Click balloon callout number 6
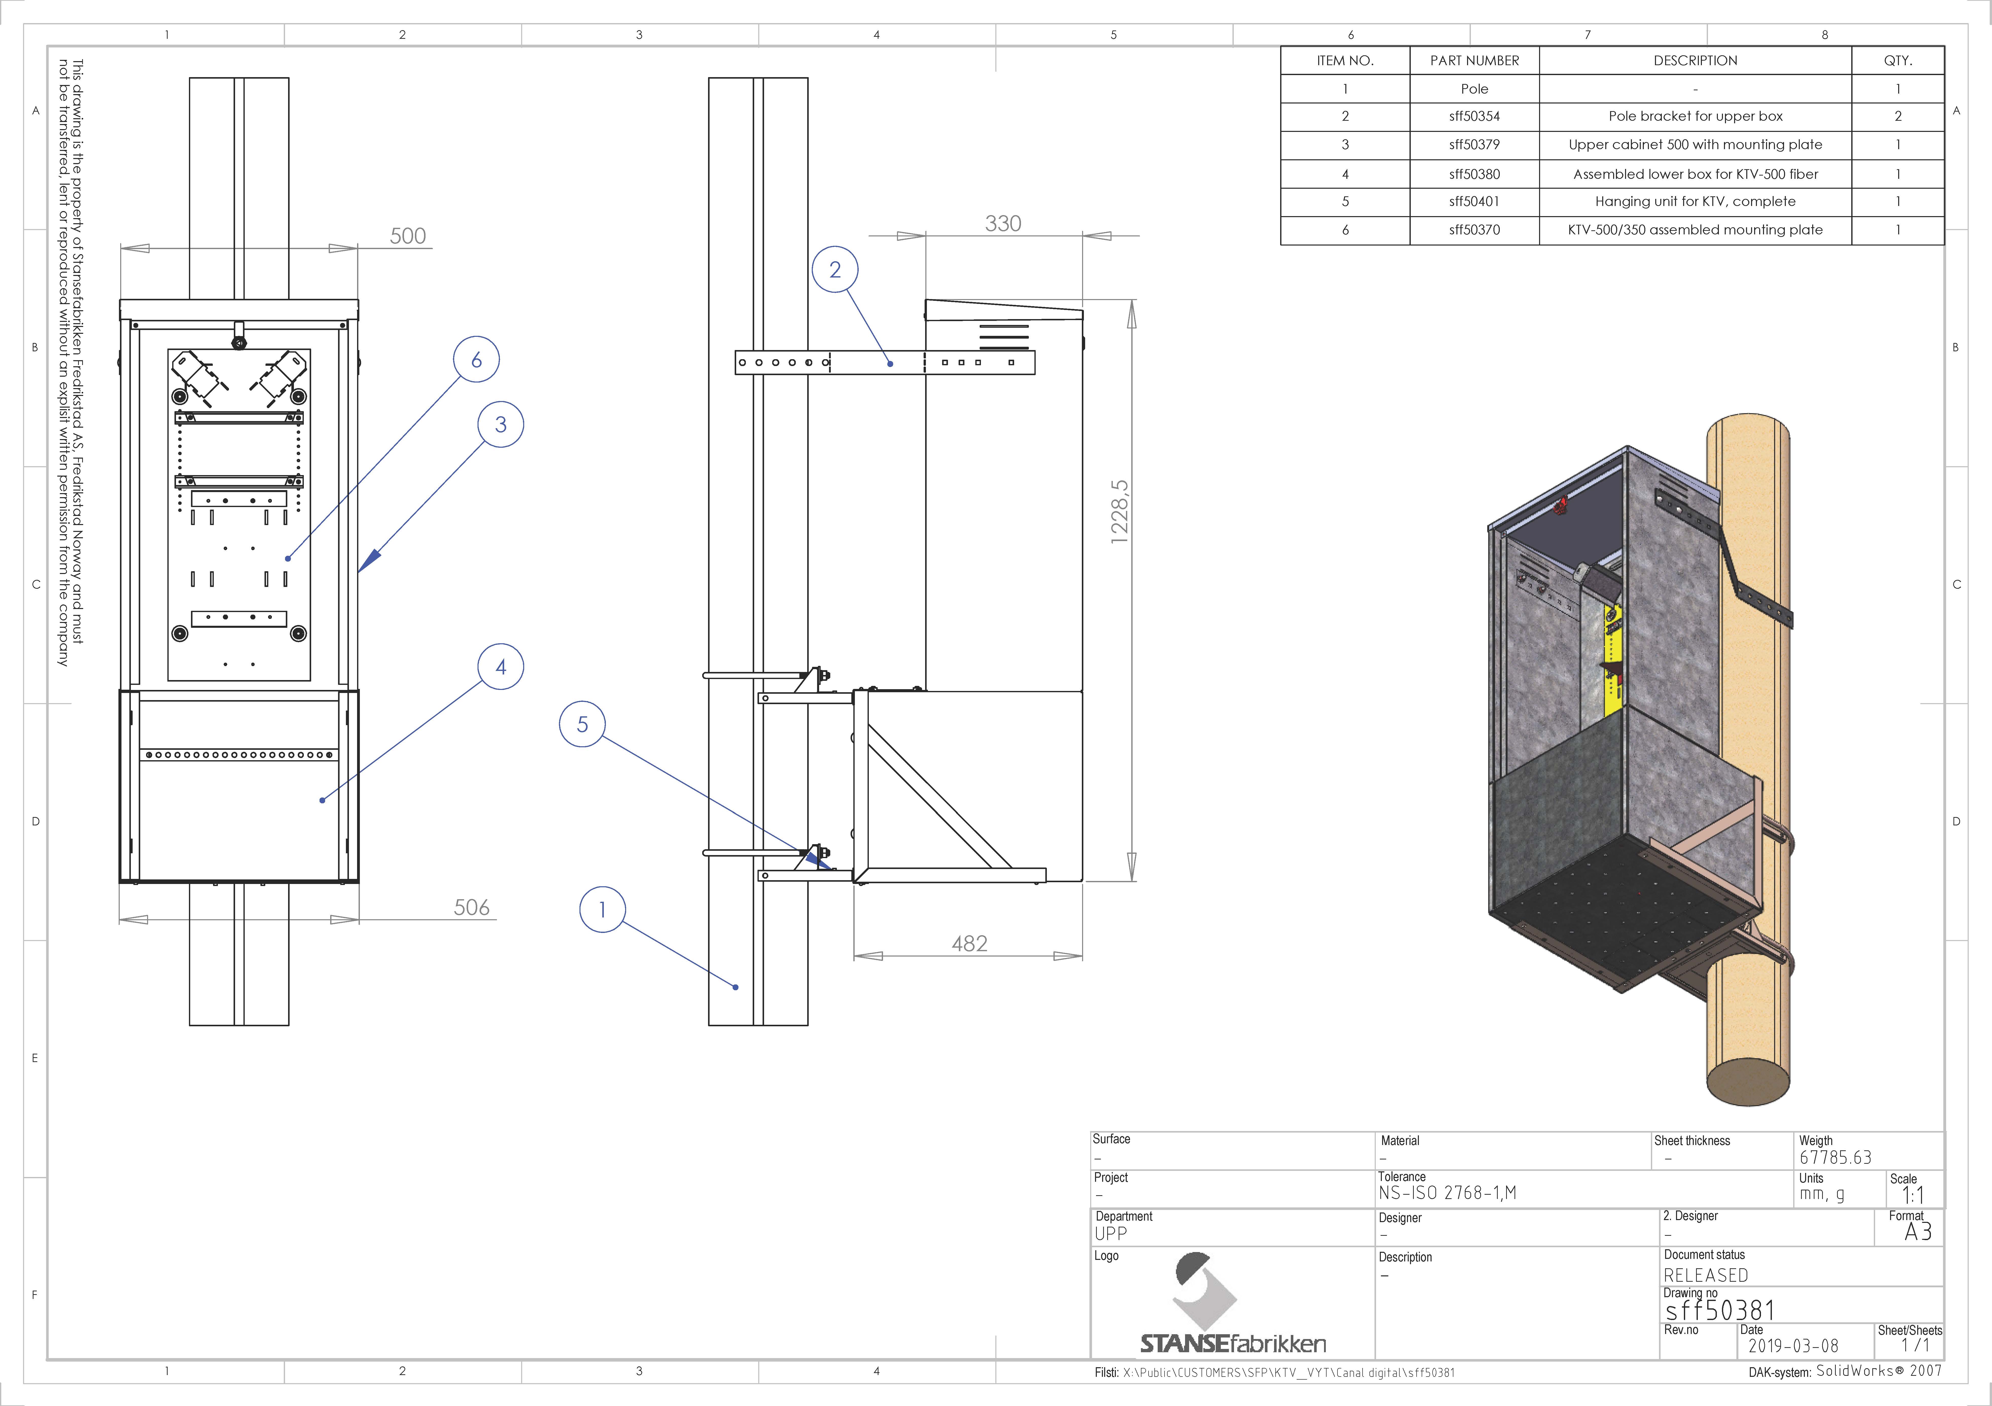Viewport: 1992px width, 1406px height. click(x=476, y=359)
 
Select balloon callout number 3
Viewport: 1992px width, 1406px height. click(x=501, y=424)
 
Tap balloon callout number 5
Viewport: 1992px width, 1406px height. click(x=582, y=724)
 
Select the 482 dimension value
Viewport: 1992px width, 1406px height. click(x=969, y=943)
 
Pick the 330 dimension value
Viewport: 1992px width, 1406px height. click(x=1003, y=223)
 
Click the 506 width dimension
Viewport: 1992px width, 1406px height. click(x=472, y=907)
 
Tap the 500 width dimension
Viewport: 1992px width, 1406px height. click(x=408, y=236)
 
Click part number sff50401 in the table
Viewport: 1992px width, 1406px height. click(x=1474, y=201)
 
